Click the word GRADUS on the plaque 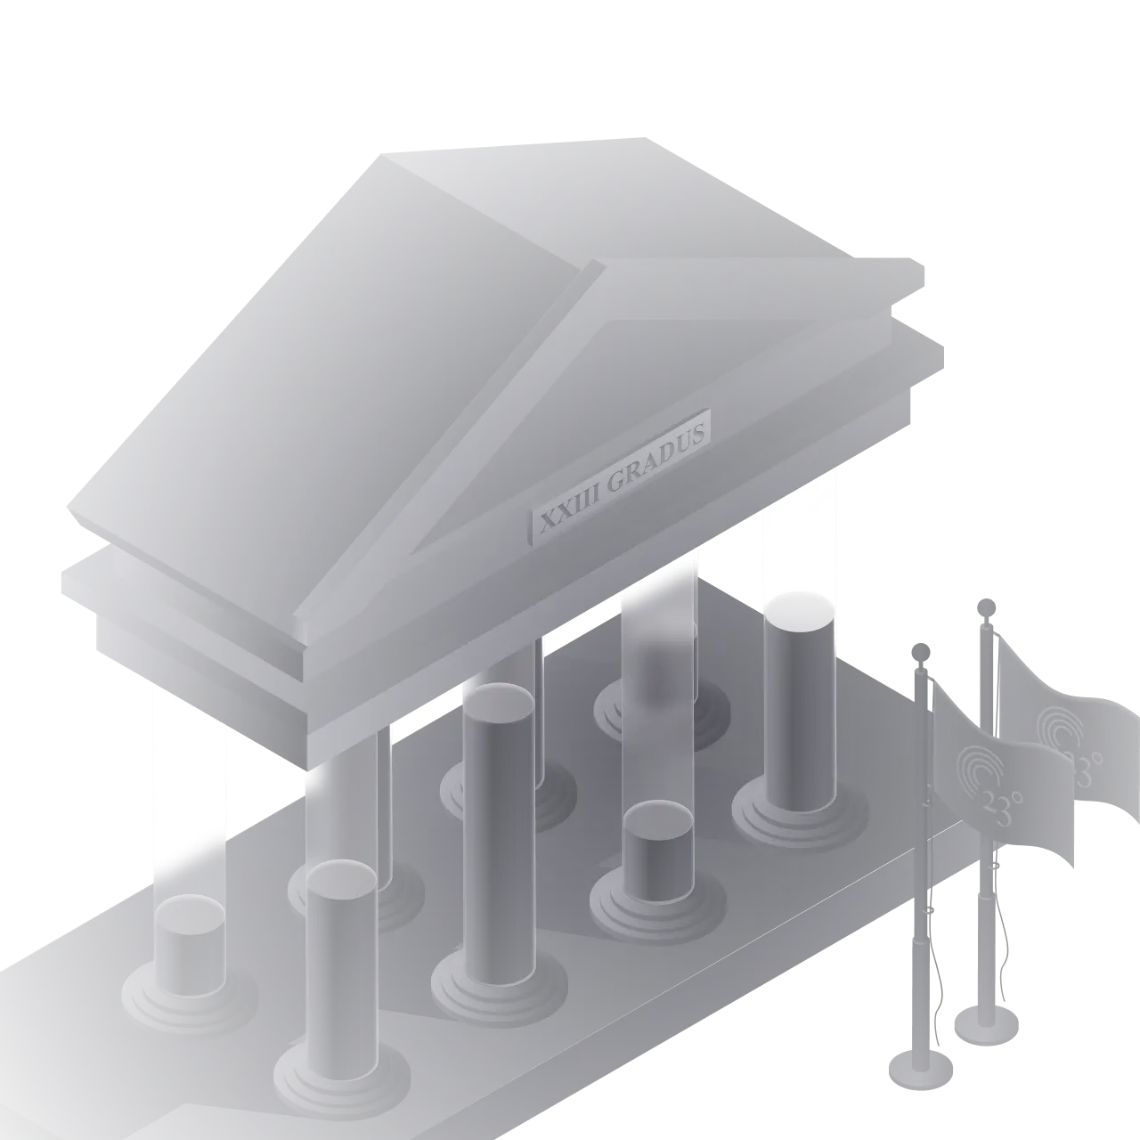656,455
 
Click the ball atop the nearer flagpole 921,654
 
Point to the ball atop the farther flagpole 986,607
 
